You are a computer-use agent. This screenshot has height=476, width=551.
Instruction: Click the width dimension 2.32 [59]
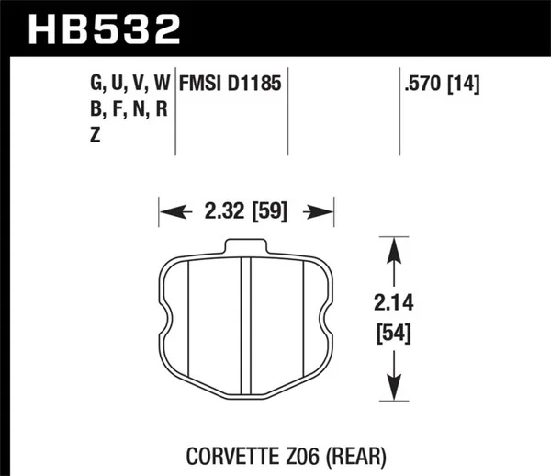tap(245, 212)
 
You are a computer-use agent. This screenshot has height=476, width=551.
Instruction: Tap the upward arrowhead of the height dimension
tap(394, 249)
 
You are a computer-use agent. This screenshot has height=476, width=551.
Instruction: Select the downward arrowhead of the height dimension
tap(394, 390)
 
